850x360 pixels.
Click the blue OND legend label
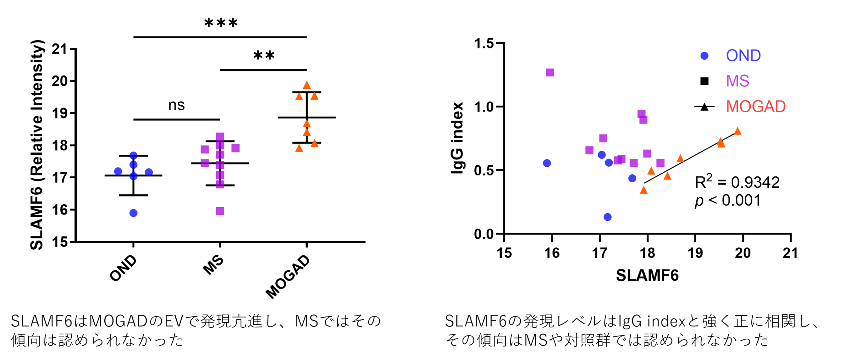point(743,55)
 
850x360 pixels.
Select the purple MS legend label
point(738,81)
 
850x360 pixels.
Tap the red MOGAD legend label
point(756,107)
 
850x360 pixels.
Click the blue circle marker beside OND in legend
point(705,56)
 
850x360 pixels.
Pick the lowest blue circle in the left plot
point(133,213)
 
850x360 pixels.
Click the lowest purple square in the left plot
point(220,211)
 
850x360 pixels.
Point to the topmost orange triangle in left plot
point(307,85)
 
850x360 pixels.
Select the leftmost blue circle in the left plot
point(118,171)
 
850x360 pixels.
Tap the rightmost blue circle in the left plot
point(149,172)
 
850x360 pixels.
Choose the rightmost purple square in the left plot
point(236,148)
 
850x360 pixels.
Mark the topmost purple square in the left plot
point(220,136)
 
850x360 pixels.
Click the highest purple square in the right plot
point(550,72)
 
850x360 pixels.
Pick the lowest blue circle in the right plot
point(608,217)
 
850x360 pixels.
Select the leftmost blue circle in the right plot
point(547,163)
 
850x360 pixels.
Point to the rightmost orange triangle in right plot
point(738,131)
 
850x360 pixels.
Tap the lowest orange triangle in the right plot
point(644,190)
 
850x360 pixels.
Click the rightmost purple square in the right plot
point(661,163)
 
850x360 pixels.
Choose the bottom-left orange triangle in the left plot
point(299,148)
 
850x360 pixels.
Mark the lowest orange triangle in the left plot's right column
point(314,143)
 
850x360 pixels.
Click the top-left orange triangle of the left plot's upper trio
point(299,97)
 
